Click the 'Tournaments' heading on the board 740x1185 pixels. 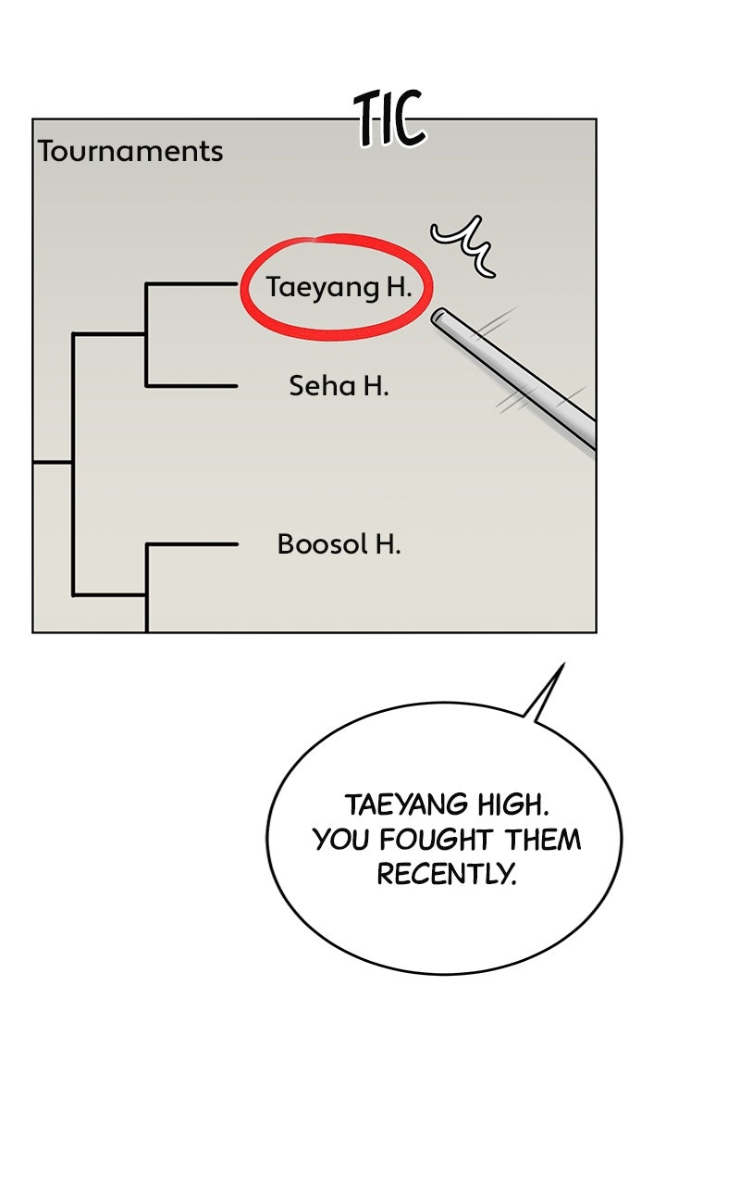pyautogui.click(x=130, y=151)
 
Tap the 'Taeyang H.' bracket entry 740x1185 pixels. pyautogui.click(x=339, y=287)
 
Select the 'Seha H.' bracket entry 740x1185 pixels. pyautogui.click(x=339, y=386)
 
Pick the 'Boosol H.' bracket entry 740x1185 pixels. pyautogui.click(x=339, y=543)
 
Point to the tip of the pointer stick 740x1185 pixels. pyautogui.click(x=437, y=317)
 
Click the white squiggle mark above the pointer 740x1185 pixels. pyautogui.click(x=463, y=245)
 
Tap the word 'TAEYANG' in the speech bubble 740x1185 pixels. pyautogui.click(x=406, y=805)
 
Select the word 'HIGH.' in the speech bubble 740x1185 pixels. pyautogui.click(x=513, y=805)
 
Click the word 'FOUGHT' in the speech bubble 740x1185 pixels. pyautogui.click(x=436, y=840)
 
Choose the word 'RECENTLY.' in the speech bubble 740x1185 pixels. pyautogui.click(x=446, y=874)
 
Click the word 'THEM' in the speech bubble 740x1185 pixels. pyautogui.click(x=542, y=840)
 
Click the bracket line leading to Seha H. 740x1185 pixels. pyautogui.click(x=191, y=386)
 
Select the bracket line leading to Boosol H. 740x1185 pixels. pyautogui.click(x=191, y=543)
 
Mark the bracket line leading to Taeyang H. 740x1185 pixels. pyautogui.click(x=191, y=284)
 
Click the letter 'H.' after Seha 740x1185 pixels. pyautogui.click(x=376, y=386)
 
